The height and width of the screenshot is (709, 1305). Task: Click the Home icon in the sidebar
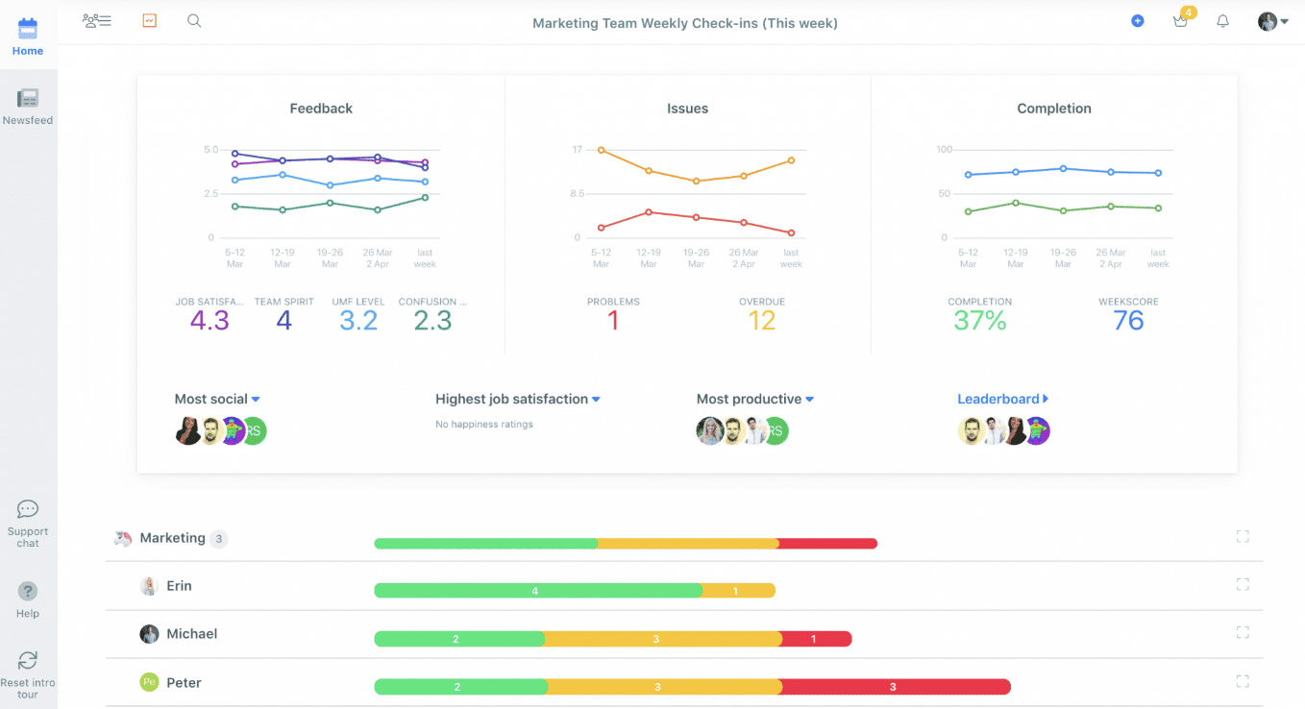[x=27, y=29]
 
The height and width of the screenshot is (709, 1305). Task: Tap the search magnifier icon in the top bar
[x=194, y=21]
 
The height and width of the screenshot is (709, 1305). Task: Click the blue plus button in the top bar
[x=1137, y=21]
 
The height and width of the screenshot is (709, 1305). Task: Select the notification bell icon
[x=1223, y=21]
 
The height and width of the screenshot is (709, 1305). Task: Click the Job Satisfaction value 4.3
[x=209, y=321]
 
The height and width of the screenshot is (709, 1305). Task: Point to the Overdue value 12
[x=761, y=321]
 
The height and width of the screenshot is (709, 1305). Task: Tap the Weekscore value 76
[x=1128, y=321]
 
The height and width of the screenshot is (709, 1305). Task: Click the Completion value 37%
[x=980, y=321]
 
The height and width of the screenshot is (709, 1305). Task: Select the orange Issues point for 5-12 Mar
[x=602, y=150]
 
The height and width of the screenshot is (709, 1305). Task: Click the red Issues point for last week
[x=791, y=233]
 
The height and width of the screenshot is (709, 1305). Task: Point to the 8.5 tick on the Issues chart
[x=577, y=193]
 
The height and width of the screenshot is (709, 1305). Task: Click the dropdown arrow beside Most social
[x=256, y=400]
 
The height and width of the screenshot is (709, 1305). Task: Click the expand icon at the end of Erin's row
[x=1243, y=584]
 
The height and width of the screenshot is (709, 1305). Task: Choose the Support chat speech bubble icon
[x=27, y=509]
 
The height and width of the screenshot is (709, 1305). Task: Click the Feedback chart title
[x=321, y=109]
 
